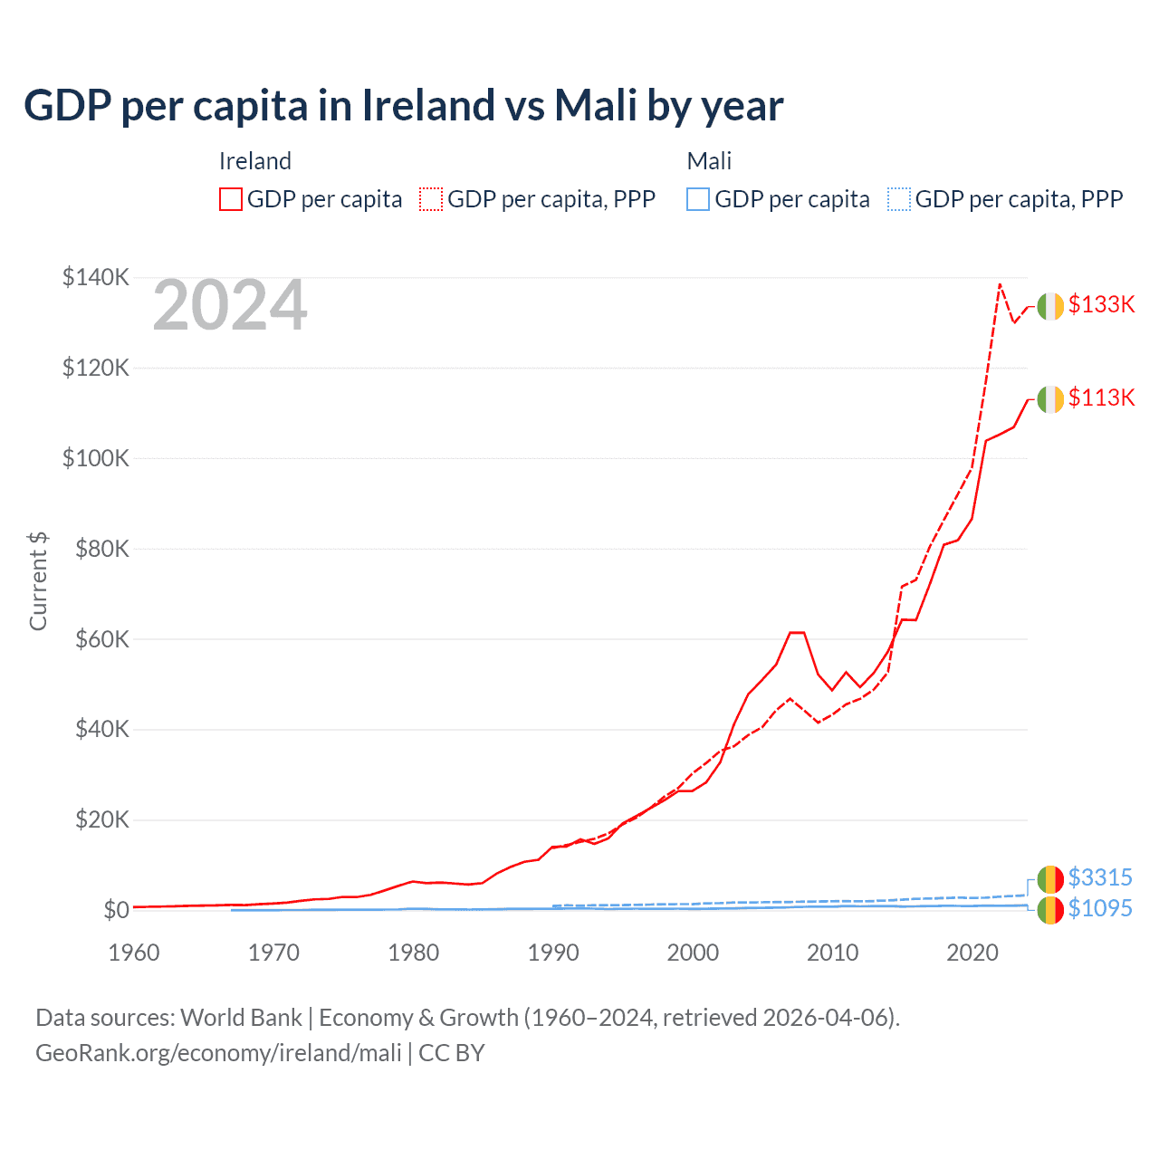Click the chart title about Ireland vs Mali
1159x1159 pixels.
[404, 106]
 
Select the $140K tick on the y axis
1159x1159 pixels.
[95, 277]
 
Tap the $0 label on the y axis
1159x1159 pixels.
[115, 910]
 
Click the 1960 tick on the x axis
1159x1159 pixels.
[134, 953]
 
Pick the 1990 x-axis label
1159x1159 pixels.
[553, 953]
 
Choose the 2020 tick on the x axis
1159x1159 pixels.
[972, 953]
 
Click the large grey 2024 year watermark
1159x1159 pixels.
[230, 306]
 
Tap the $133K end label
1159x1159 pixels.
[1101, 304]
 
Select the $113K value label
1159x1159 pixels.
[1101, 398]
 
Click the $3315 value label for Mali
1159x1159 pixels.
[1100, 877]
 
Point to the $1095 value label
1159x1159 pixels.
[1100, 908]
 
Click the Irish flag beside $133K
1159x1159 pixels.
[1050, 306]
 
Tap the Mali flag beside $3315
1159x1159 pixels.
[1050, 878]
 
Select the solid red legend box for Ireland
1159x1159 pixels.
[231, 199]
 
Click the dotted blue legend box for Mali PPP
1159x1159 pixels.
[899, 199]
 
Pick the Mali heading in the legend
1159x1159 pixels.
[709, 161]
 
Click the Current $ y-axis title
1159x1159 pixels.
[38, 581]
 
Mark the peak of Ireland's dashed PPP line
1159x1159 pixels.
[1000, 284]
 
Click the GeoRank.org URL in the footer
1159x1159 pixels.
[218, 1053]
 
